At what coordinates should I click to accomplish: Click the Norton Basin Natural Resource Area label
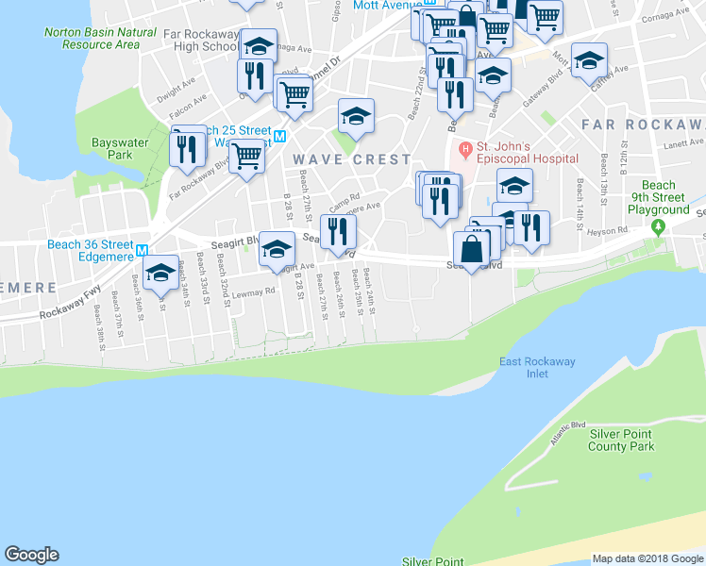[x=100, y=38]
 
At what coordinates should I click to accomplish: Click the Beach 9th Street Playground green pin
[x=659, y=227]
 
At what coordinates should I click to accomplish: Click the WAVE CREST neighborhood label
[x=351, y=160]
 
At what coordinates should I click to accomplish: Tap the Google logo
[x=32, y=555]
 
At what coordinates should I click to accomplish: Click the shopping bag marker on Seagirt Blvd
[x=471, y=250]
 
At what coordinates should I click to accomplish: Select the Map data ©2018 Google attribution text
[x=648, y=558]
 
